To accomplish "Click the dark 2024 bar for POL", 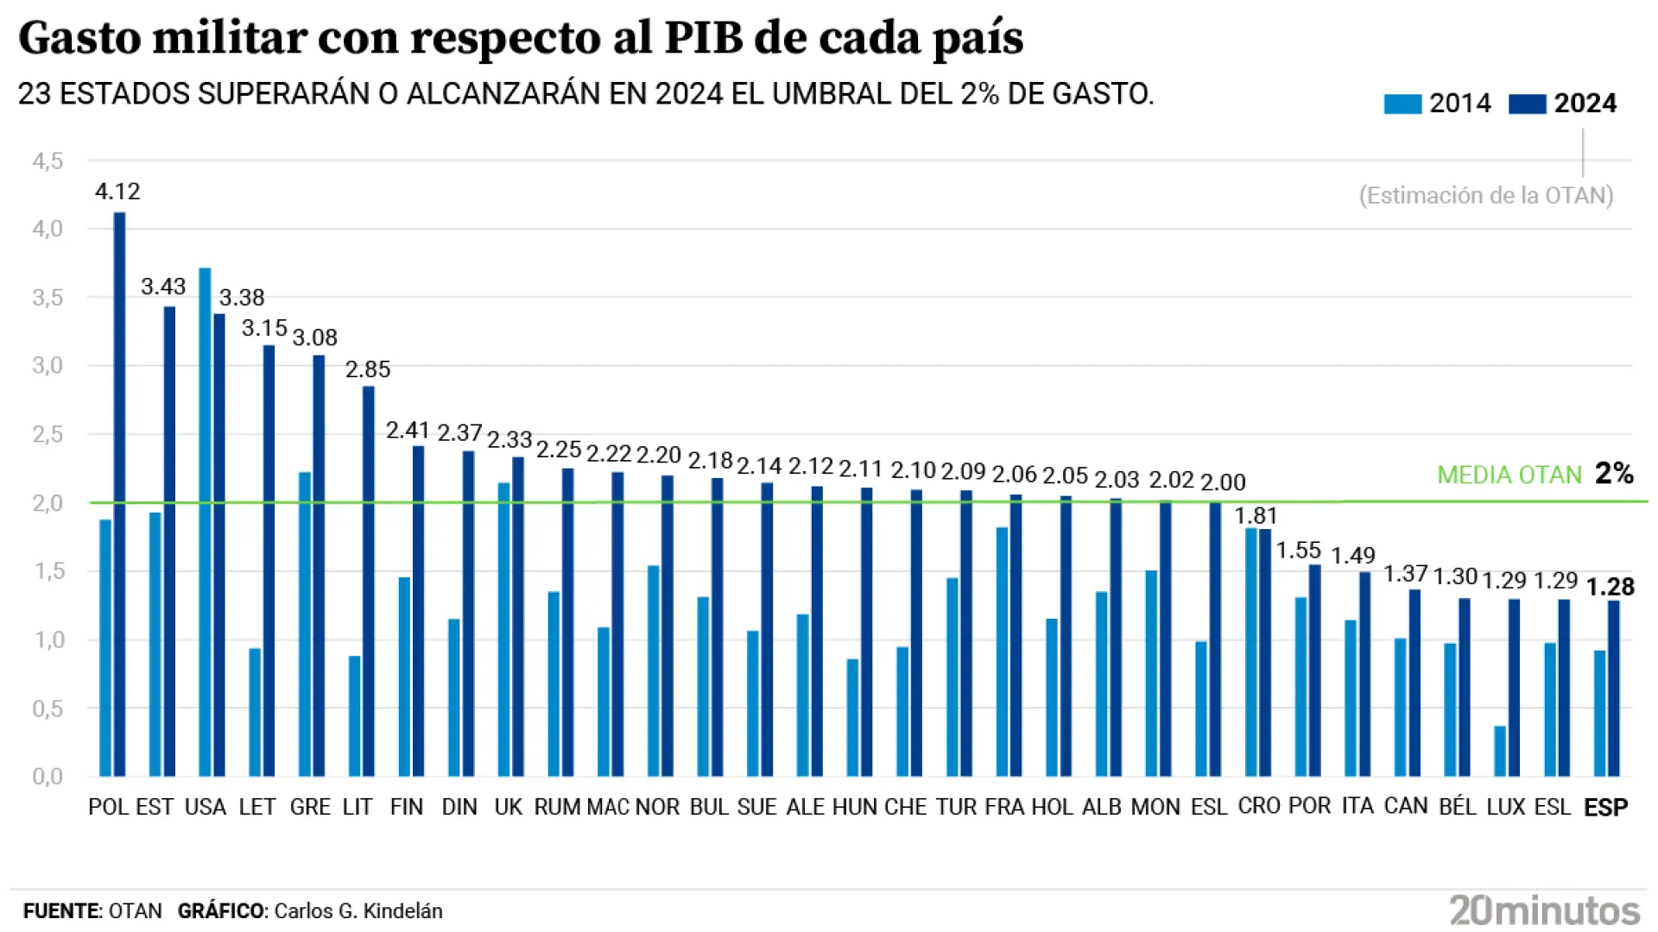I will (x=119, y=494).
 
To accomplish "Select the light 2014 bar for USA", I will (x=205, y=522).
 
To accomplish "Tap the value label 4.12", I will (x=117, y=192).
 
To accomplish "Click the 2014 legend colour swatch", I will (x=1402, y=104).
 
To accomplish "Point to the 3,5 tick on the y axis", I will (x=47, y=298).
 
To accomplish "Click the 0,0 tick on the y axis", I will (x=47, y=776).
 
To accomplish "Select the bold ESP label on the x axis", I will (x=1605, y=807).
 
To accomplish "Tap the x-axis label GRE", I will (x=310, y=807).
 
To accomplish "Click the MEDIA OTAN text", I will (x=1509, y=475).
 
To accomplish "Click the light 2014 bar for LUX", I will (x=1500, y=751).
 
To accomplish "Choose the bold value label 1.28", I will (x=1610, y=587).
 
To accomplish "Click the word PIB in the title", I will (x=703, y=38).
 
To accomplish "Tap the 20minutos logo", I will (x=1544, y=910).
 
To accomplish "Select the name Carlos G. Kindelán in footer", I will (x=358, y=911).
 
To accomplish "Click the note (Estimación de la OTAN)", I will (x=1485, y=196).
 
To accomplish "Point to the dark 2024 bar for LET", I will (x=269, y=561).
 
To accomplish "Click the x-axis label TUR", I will (x=956, y=807).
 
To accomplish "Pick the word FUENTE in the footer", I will (x=61, y=911).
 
